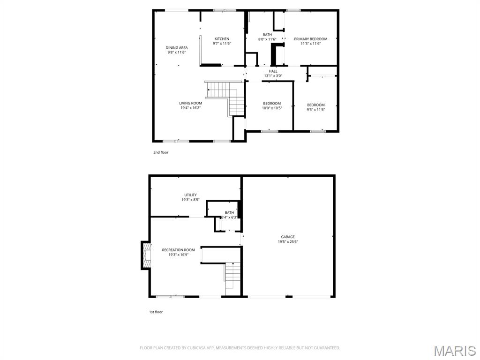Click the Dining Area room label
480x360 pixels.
tap(177, 48)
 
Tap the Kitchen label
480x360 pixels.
tap(222, 38)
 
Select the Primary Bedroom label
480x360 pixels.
tap(310, 39)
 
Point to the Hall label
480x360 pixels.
tap(273, 71)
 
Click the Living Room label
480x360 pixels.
tap(190, 103)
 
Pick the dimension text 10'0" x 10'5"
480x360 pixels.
tap(271, 108)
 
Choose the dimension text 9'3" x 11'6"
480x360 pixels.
tap(315, 110)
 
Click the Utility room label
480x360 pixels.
tap(190, 195)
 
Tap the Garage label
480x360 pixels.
tap(288, 237)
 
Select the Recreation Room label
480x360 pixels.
tap(178, 250)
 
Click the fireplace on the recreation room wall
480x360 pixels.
tap(146, 255)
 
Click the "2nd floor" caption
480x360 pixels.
tap(160, 152)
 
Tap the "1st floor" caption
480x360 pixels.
tap(156, 312)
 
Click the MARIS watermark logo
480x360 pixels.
tap(454, 350)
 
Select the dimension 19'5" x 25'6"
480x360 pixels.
tap(288, 242)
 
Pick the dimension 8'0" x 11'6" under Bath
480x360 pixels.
tap(267, 39)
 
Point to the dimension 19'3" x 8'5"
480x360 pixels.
tap(190, 200)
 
